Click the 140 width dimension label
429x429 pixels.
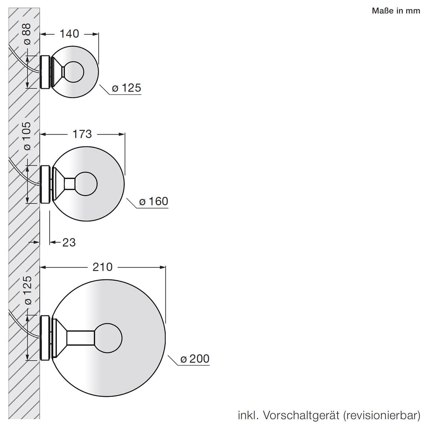pyautogui.click(x=69, y=34)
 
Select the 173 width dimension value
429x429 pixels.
pyautogui.click(x=82, y=134)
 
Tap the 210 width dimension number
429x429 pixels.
pyautogui.click(x=102, y=267)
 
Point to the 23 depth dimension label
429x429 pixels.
pyautogui.click(x=69, y=242)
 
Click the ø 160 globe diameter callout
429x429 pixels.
pyautogui.click(x=154, y=201)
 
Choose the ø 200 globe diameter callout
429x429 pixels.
pyautogui.click(x=195, y=359)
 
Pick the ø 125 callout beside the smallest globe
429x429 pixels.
pyautogui.click(x=127, y=88)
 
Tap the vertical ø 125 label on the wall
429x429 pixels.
pyautogui.click(x=27, y=290)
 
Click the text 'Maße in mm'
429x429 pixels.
pyautogui.click(x=396, y=11)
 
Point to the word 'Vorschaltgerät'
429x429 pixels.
pyautogui.click(x=301, y=415)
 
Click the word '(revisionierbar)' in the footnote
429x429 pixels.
pyautogui.click(x=381, y=415)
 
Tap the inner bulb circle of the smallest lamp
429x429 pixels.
pyautogui.click(x=74, y=72)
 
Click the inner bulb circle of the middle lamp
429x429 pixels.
pyautogui.click(x=86, y=184)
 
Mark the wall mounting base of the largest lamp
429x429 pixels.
pyautogui.click(x=45, y=338)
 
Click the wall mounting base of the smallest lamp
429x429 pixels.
pyautogui.click(x=45, y=72)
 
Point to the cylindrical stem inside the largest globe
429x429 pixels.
pyautogui.click(x=81, y=338)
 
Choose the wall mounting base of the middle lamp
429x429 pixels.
pyautogui.click(x=45, y=184)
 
